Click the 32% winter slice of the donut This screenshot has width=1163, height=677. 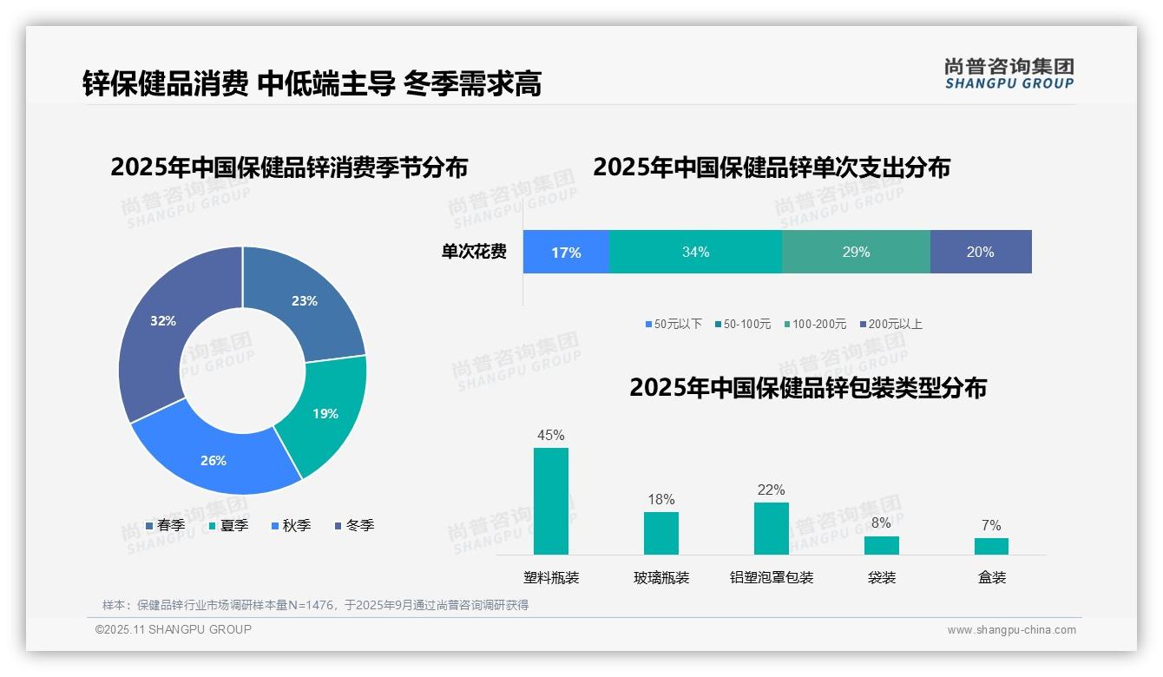pyautogui.click(x=156, y=330)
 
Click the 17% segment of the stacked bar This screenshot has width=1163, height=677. pyautogui.click(x=566, y=252)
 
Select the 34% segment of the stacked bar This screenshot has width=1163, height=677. pyautogui.click(x=695, y=252)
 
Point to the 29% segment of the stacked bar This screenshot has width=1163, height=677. pyautogui.click(x=856, y=252)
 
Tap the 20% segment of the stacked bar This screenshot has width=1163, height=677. pyautogui.click(x=981, y=252)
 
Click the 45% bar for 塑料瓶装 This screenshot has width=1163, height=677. pyautogui.click(x=551, y=501)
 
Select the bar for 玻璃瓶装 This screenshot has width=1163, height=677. pyautogui.click(x=661, y=533)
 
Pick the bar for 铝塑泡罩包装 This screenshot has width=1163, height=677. pyautogui.click(x=771, y=528)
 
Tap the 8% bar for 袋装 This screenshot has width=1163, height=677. pyautogui.click(x=881, y=545)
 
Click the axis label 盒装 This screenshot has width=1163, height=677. pyautogui.click(x=991, y=577)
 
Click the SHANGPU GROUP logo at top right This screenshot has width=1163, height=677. pyautogui.click(x=1009, y=74)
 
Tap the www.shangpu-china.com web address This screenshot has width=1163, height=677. pyautogui.click(x=1011, y=629)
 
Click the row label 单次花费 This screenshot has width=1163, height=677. pyautogui.click(x=474, y=252)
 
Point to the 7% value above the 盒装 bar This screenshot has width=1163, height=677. pyautogui.click(x=991, y=525)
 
